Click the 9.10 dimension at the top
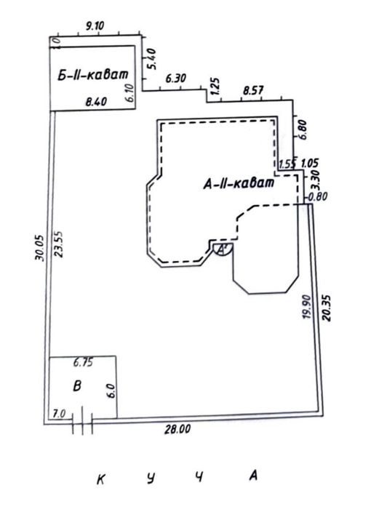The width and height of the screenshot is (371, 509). pyautogui.click(x=95, y=25)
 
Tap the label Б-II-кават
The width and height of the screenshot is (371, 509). pyautogui.click(x=93, y=75)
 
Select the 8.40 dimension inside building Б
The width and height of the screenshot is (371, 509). pyautogui.click(x=96, y=102)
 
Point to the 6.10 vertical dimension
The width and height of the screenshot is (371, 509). pyautogui.click(x=130, y=93)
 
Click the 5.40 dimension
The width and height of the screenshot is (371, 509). pyautogui.click(x=151, y=59)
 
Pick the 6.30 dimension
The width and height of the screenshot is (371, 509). pyautogui.click(x=176, y=79)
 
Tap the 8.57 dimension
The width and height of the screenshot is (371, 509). pyautogui.click(x=253, y=90)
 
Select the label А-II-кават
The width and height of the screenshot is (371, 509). pyautogui.click(x=239, y=184)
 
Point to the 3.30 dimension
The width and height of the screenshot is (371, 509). pyautogui.click(x=315, y=180)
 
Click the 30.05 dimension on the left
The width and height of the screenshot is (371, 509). pyautogui.click(x=39, y=248)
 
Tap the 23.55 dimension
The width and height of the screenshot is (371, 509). pyautogui.click(x=58, y=244)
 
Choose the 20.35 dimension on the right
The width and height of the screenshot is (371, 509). pyautogui.click(x=326, y=308)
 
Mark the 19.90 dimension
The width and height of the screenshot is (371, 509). pyautogui.click(x=307, y=307)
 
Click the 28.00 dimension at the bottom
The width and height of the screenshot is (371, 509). pyautogui.click(x=177, y=430)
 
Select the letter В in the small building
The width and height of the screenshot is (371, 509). pyautogui.click(x=77, y=386)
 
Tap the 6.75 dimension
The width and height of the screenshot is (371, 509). pyautogui.click(x=83, y=362)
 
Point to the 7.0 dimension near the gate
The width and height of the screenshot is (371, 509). pyautogui.click(x=59, y=414)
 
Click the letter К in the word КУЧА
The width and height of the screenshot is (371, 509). pyautogui.click(x=101, y=479)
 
